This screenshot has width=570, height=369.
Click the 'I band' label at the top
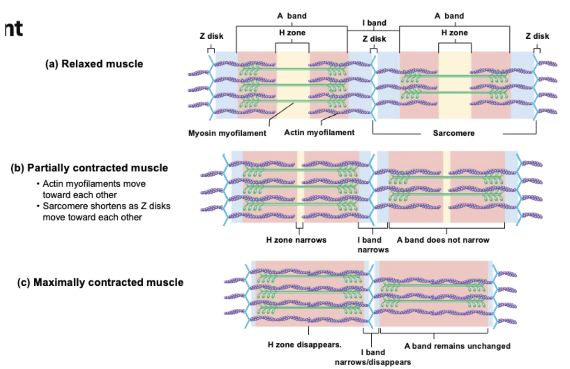[x=374, y=23]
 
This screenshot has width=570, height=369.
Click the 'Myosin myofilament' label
[x=227, y=133]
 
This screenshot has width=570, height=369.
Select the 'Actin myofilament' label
[x=319, y=132]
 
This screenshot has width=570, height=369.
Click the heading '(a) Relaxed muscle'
[x=94, y=64]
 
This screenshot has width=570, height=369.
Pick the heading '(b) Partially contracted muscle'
[x=89, y=168]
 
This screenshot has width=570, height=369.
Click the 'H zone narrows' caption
[x=296, y=240]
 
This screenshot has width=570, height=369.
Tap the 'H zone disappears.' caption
[x=305, y=345]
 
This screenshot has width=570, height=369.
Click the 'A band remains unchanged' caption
[x=457, y=346]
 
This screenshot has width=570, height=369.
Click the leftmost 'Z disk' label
[x=211, y=36]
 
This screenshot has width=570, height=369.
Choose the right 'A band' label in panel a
[x=449, y=16]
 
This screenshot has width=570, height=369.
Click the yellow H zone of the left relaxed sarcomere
[x=293, y=85]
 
